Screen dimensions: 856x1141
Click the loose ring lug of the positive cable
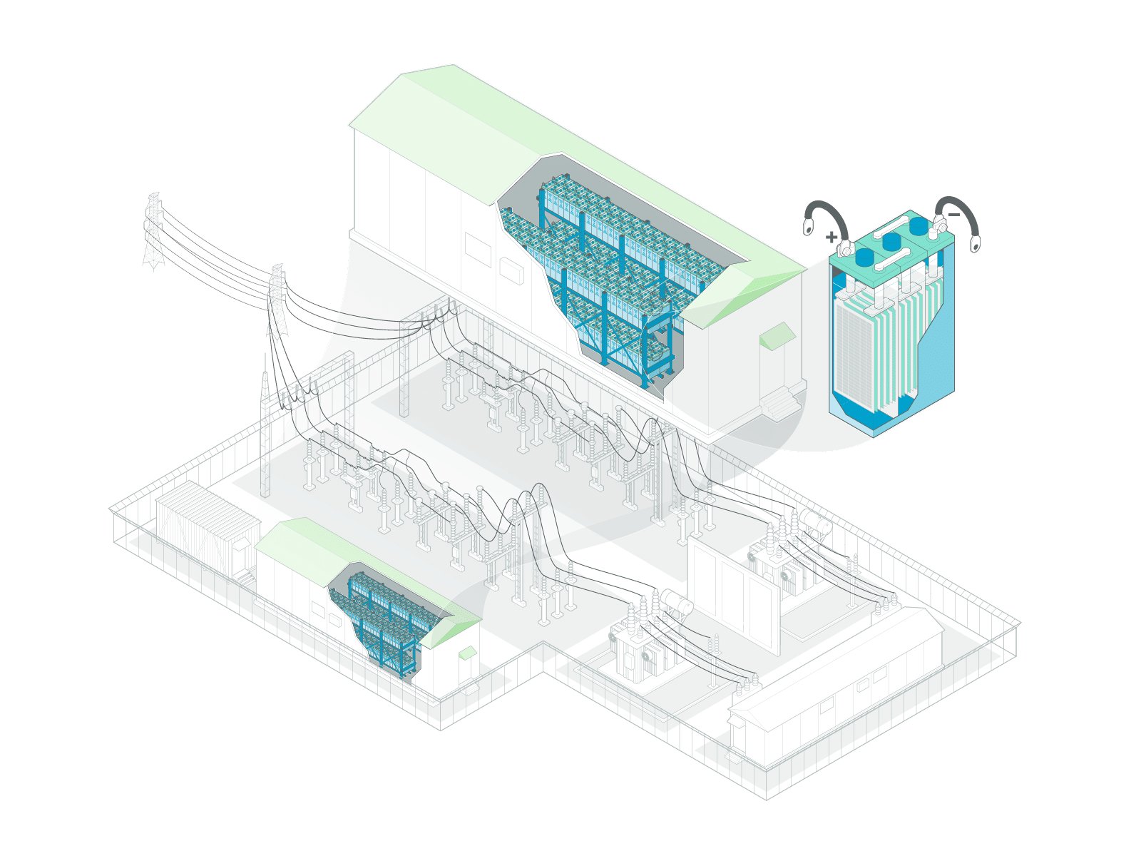pos(808,226)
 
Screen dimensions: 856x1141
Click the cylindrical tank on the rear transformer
pos(815,523)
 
